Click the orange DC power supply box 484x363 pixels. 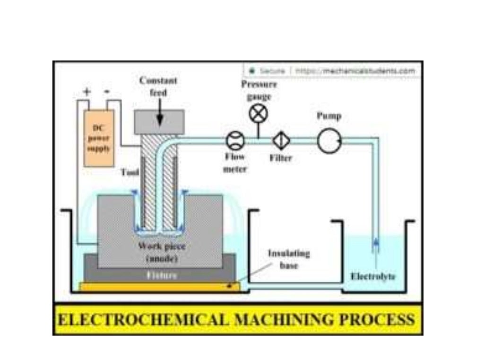pos(99,138)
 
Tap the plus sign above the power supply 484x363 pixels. pos(86,92)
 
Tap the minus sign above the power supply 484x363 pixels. pos(108,92)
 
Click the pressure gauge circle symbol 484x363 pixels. pos(259,114)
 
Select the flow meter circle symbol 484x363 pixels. pos(235,140)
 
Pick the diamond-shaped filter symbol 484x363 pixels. pos(281,140)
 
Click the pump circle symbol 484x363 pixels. pos(329,140)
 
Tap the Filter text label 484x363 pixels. pos(281,158)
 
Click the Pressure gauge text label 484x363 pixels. pos(259,90)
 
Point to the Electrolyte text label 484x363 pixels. pos(373,277)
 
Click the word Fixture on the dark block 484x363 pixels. pos(161,275)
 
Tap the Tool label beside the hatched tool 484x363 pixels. pos(129,173)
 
